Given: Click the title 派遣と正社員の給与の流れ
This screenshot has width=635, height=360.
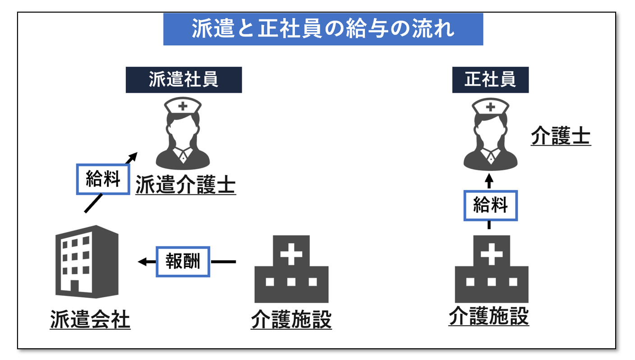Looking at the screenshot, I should [x=323, y=29].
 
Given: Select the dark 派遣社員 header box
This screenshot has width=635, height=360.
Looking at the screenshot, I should [x=184, y=80].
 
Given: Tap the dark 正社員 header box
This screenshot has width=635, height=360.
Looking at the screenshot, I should [x=490, y=80].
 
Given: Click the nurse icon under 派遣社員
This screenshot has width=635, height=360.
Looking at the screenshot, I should [x=183, y=133].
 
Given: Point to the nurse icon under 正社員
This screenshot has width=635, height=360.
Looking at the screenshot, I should [x=490, y=133].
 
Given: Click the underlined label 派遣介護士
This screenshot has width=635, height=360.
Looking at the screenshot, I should [x=185, y=185].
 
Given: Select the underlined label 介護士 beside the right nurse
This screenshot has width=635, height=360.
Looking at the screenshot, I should [x=561, y=136].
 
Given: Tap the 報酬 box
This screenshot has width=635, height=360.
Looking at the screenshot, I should [x=183, y=262].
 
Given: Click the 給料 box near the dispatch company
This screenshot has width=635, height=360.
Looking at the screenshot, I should [x=103, y=179].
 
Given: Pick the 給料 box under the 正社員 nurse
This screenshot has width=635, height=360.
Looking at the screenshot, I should [x=490, y=206].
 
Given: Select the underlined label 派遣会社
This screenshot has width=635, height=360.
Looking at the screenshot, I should [x=90, y=321].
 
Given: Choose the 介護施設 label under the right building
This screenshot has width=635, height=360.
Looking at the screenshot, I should [x=488, y=317].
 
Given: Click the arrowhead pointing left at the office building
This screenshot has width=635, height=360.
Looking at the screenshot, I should [x=142, y=262].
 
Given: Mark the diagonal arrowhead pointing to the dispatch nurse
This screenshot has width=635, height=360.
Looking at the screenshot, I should [x=133, y=156].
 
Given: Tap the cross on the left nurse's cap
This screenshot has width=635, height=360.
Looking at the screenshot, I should [x=183, y=107].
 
